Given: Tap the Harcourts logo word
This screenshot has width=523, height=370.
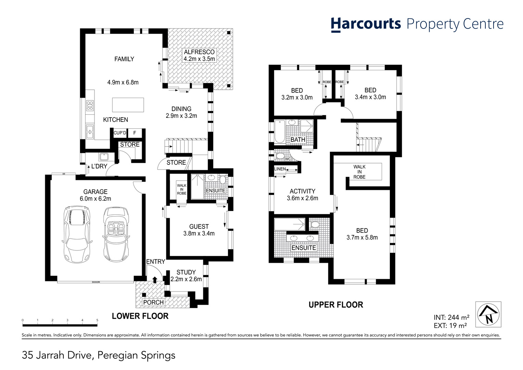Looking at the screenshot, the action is (366, 25).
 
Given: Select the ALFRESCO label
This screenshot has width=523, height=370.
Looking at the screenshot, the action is (199, 52).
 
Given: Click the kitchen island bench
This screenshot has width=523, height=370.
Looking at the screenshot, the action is (128, 105).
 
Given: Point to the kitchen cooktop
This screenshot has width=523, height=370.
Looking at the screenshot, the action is (90, 106).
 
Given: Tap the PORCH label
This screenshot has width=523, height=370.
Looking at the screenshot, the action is (153, 302).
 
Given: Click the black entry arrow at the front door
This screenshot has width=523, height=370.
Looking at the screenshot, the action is (155, 280).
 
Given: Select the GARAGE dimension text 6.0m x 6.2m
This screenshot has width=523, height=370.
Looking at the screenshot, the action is (95, 199).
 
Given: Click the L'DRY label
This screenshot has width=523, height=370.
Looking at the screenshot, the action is (99, 166).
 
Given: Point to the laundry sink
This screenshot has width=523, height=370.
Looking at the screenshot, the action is (103, 157).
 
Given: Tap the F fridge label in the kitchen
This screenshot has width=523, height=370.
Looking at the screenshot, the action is (135, 133).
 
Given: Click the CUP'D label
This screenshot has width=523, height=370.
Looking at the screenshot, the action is (120, 133).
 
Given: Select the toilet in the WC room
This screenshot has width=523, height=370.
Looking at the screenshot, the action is (280, 156).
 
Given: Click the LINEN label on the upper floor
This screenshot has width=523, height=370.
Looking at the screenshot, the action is (280, 169).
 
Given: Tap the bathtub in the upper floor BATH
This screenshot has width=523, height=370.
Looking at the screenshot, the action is (280, 131).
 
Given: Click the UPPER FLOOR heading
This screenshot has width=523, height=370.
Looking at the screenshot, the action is (336, 305).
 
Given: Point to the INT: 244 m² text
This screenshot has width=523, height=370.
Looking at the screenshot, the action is (451, 317).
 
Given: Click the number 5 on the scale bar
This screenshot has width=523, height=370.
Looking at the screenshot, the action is (97, 320).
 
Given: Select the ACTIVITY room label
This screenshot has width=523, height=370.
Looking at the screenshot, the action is (302, 191).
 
